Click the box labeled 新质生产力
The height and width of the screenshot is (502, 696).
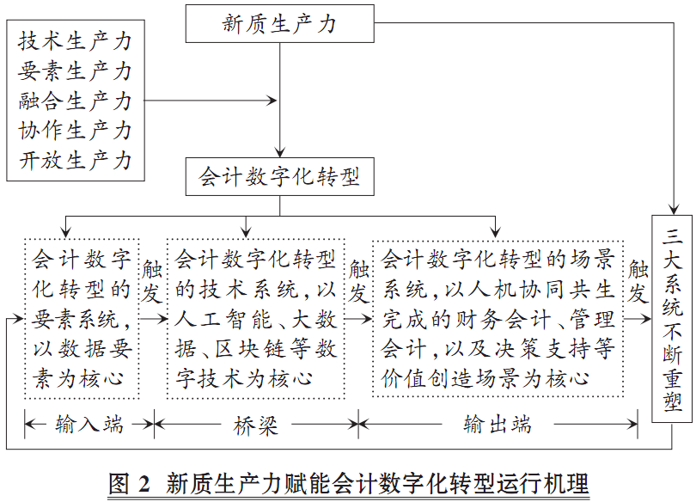point(280,23)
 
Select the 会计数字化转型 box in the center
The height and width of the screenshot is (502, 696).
point(279,178)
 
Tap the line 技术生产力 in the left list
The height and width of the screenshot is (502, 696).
point(76,40)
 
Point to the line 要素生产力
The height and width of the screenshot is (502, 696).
point(76,70)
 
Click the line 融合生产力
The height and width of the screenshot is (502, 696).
point(76,101)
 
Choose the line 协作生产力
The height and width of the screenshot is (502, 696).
point(76,131)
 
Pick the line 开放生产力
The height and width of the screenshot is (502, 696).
point(76,161)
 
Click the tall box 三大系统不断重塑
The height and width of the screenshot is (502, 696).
point(673,318)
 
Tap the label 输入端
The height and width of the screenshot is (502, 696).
point(89,424)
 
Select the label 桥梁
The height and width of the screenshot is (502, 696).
point(255,424)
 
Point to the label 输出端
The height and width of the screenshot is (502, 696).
point(497,424)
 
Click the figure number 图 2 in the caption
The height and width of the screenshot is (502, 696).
point(129,481)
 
